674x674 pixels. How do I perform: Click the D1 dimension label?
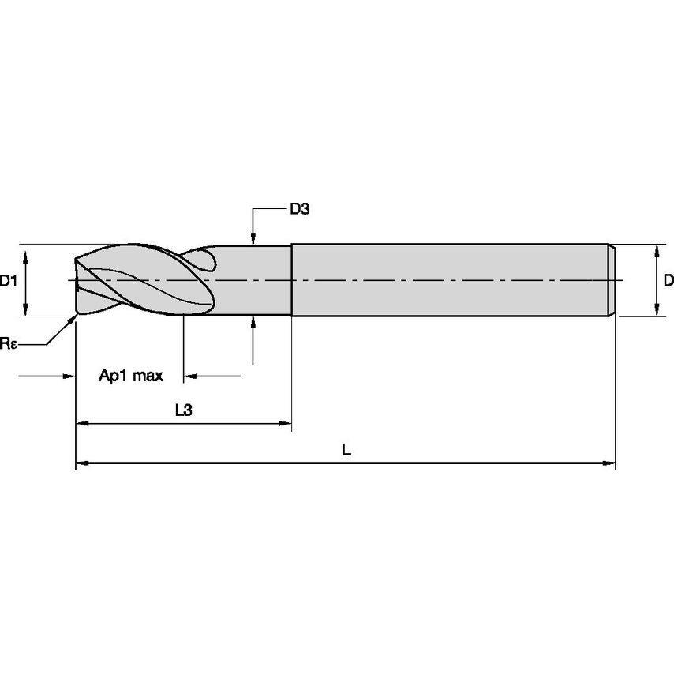click(x=9, y=280)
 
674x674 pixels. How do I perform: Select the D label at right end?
click(x=668, y=280)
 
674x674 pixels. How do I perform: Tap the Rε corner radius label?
click(x=7, y=343)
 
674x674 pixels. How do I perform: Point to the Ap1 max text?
click(x=131, y=376)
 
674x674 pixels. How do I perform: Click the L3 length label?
click(x=183, y=410)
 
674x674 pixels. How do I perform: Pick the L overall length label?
click(x=346, y=450)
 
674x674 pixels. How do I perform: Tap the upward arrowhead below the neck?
click(x=253, y=322)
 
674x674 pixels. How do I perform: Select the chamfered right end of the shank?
click(x=612, y=280)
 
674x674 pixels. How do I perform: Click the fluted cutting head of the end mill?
click(x=142, y=280)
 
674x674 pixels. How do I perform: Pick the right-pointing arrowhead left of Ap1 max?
click(x=69, y=376)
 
